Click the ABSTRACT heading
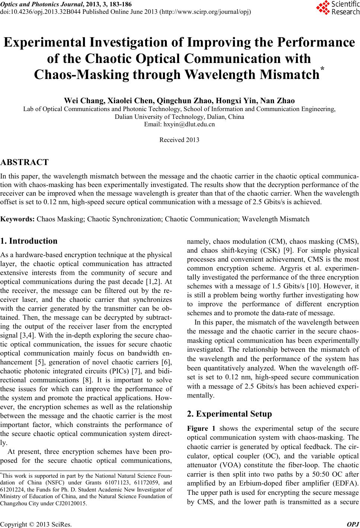click(x=25, y=162)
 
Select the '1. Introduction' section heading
click(x=29, y=241)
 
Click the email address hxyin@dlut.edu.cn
click(x=179, y=124)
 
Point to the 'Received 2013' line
click(x=179, y=140)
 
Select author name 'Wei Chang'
click(x=85, y=101)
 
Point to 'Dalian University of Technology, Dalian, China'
click(x=179, y=117)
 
